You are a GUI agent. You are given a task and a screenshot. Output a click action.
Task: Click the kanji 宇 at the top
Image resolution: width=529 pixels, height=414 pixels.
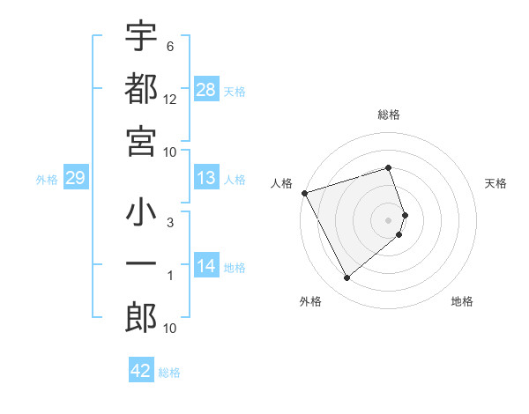[x=141, y=38]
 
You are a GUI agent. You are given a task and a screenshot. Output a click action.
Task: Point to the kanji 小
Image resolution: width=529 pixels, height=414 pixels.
[x=141, y=215]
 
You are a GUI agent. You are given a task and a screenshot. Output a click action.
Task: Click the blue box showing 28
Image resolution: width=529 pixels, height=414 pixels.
[x=206, y=90]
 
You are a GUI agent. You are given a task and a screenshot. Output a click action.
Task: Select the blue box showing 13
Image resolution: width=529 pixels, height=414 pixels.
[x=206, y=179]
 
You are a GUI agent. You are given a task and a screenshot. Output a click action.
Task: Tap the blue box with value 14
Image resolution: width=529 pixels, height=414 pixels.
[x=206, y=266]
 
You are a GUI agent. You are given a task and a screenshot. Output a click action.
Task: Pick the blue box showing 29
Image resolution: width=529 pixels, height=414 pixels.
[x=75, y=179]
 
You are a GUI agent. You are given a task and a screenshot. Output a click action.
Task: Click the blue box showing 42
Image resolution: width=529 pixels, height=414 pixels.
[x=141, y=371]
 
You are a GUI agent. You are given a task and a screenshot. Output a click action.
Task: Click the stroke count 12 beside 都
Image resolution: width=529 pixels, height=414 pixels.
[x=170, y=99]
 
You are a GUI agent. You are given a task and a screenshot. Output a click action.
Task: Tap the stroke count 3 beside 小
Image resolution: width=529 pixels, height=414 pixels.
[x=169, y=224]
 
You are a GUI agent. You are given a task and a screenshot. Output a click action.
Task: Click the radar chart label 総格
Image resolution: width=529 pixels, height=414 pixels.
[x=389, y=115]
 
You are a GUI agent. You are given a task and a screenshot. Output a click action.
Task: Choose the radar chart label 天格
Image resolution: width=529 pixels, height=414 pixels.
[x=496, y=183]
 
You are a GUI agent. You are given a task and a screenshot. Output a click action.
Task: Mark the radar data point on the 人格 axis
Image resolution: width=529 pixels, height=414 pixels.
[x=304, y=192]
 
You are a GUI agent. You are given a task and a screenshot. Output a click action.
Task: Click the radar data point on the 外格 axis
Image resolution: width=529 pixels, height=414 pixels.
[x=346, y=278]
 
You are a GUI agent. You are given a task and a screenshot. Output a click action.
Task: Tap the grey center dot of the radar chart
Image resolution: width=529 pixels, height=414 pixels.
[x=389, y=219]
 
